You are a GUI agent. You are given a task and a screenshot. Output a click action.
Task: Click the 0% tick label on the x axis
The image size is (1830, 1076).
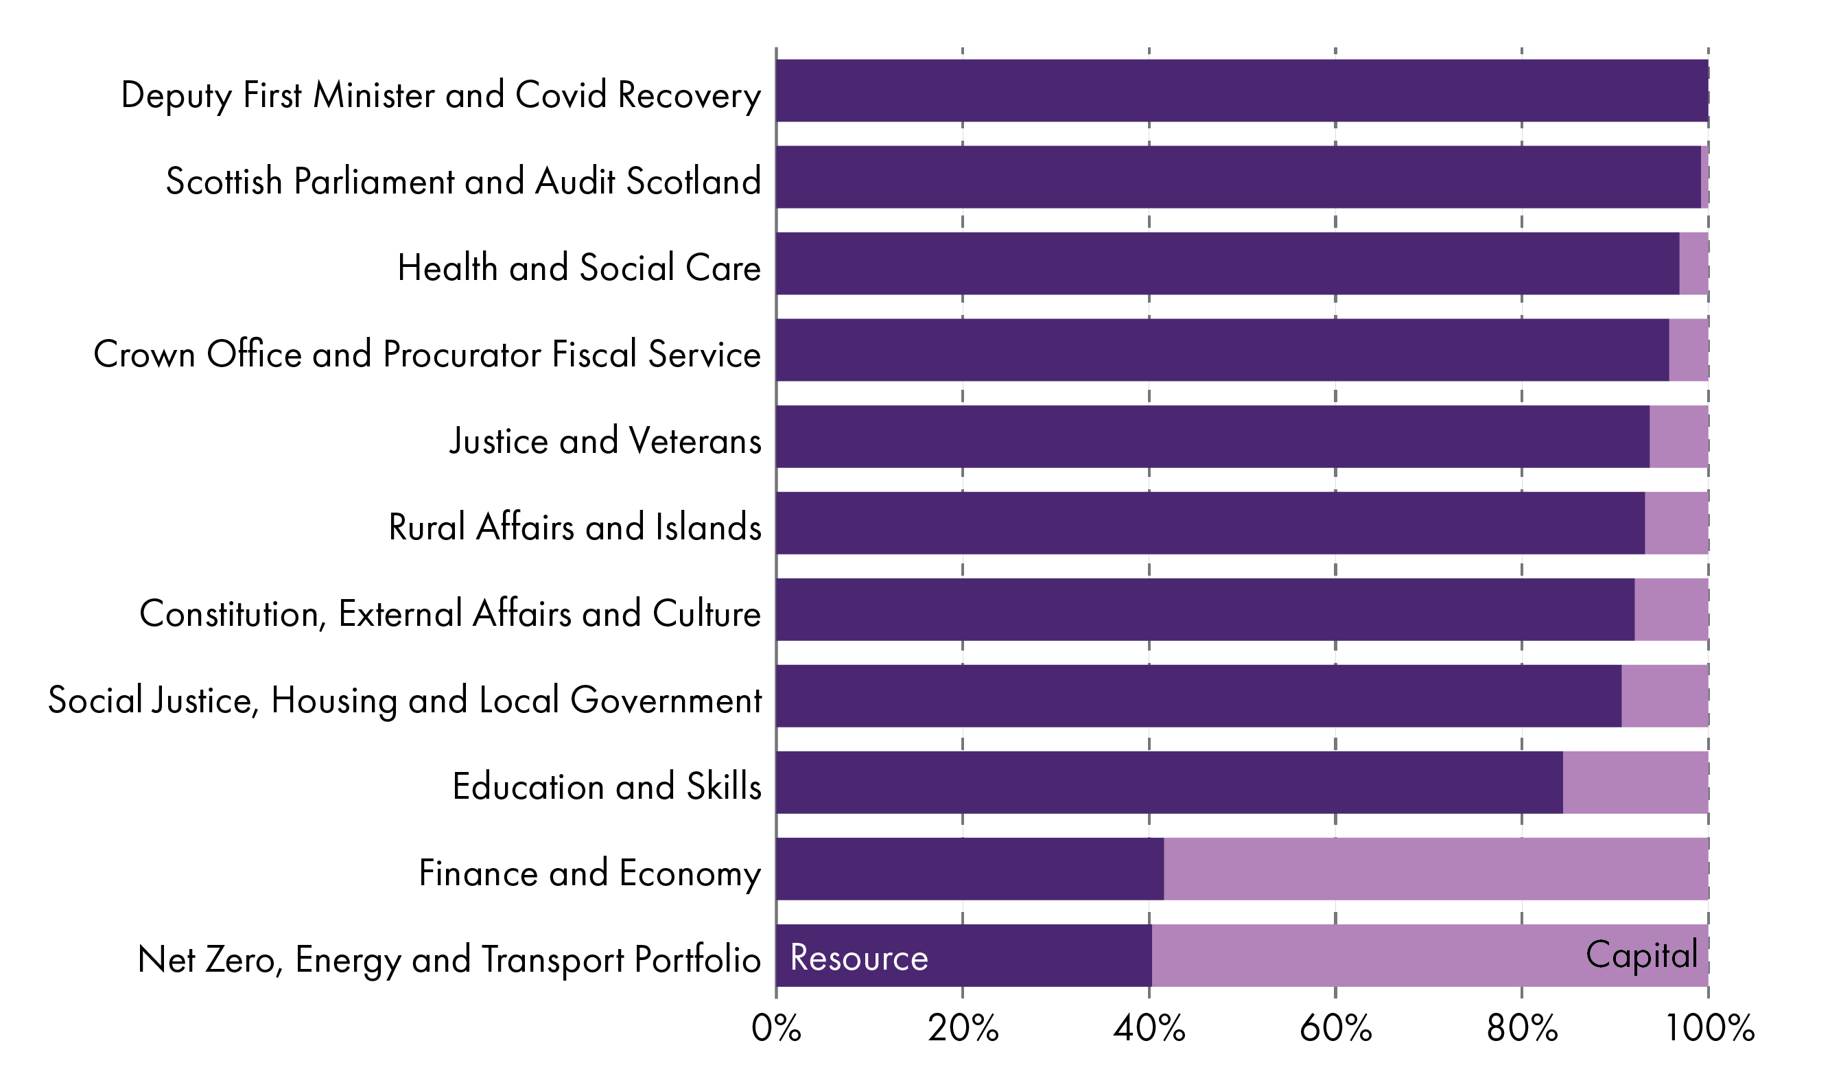coord(776,1029)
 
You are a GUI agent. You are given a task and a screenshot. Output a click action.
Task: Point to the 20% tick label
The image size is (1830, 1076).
coord(963,1029)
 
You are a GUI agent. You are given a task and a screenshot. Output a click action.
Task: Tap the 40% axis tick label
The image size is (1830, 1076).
coord(1149,1029)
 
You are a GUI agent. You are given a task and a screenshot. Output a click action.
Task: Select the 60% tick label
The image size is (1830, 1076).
coord(1335,1029)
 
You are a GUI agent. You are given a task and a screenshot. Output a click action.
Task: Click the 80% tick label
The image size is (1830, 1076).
coord(1522,1029)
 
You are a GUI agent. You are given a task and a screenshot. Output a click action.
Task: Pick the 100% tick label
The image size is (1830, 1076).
coord(1709,1029)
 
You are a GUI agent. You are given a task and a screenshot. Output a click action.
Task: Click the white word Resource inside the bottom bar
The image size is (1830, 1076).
coord(859,958)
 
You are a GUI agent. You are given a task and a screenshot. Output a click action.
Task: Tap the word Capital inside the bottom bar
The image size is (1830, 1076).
coord(1641,955)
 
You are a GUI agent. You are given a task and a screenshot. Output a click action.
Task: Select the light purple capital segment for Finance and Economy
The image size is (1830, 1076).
coord(1435,869)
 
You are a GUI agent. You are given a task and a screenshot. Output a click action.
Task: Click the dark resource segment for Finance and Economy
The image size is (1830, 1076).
coord(970,869)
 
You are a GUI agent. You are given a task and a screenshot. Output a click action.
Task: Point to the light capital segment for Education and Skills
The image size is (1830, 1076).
coord(1635,783)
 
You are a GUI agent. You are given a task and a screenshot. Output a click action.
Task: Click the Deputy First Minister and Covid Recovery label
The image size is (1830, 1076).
coord(441,95)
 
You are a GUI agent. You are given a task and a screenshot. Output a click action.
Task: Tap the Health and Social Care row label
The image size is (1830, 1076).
coord(578,268)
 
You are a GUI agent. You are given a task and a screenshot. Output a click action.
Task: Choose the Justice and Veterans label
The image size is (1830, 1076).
coord(605,441)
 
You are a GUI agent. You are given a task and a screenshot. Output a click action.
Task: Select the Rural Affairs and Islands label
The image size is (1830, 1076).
coord(574,527)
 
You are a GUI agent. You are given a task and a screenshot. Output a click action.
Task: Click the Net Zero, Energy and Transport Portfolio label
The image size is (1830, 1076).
coord(449,959)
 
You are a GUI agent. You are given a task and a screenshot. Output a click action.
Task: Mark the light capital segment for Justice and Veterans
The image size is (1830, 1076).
coord(1679,436)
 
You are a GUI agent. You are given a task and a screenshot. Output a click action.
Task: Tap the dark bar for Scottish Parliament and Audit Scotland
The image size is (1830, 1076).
coord(1238,177)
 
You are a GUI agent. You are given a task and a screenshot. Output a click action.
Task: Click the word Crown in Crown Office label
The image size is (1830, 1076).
coord(144,354)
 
